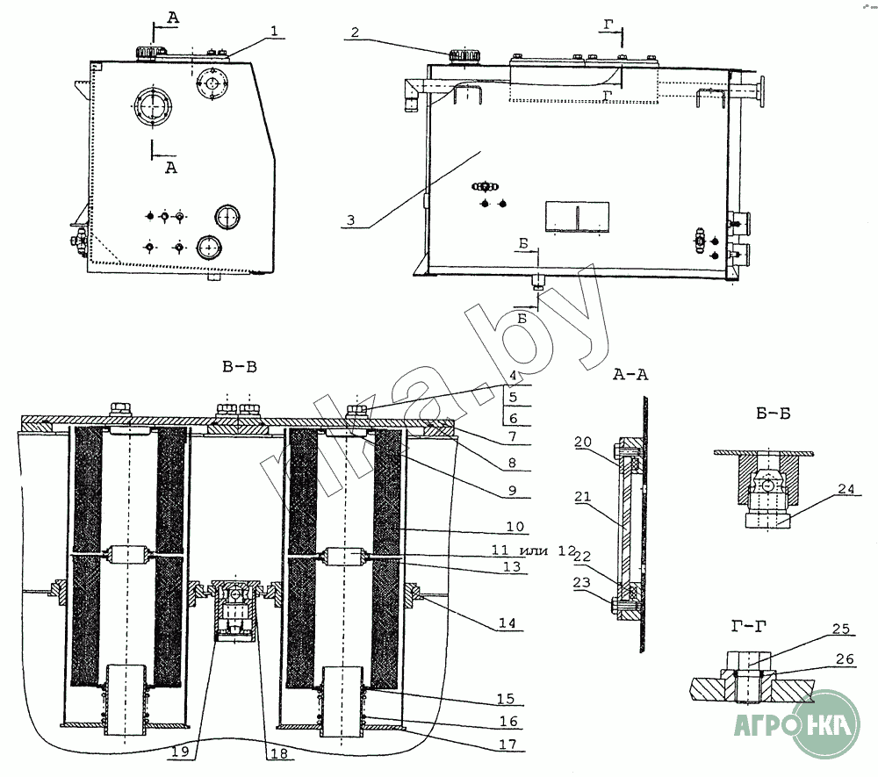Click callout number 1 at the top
(x=274, y=32)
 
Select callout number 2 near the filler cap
(x=355, y=32)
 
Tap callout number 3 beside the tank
(x=350, y=220)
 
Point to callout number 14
(x=507, y=623)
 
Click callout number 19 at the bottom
(x=180, y=752)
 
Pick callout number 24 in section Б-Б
(x=846, y=489)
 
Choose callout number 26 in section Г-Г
(x=845, y=658)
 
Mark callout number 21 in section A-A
(x=583, y=497)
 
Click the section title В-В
(x=240, y=367)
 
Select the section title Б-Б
(x=774, y=414)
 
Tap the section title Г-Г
(x=749, y=627)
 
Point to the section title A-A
(x=630, y=375)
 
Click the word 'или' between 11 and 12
(x=534, y=550)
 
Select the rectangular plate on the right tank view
(x=578, y=216)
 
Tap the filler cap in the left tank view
(x=148, y=53)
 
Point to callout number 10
(x=515, y=526)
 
